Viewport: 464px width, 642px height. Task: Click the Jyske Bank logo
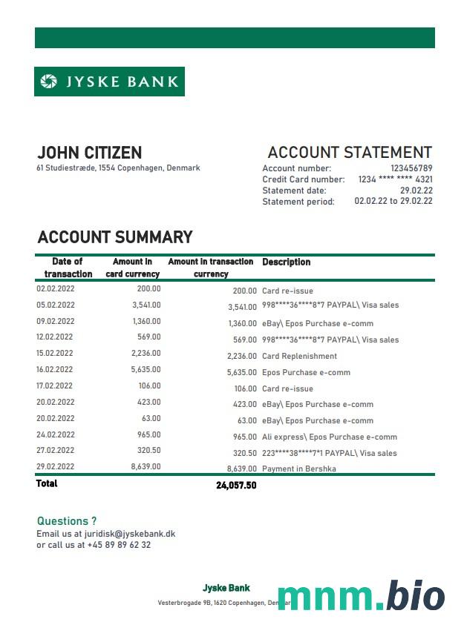tap(109, 82)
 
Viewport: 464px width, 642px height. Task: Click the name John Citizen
tap(89, 153)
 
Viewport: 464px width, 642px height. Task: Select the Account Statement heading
tap(350, 153)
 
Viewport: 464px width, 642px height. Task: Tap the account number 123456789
tap(411, 168)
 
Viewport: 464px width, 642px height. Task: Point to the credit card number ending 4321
tap(395, 179)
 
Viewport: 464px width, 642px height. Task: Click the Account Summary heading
tap(115, 237)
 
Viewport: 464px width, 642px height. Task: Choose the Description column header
tap(286, 262)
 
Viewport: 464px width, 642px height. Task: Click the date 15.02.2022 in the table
tap(56, 354)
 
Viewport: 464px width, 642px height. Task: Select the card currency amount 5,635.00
tap(146, 369)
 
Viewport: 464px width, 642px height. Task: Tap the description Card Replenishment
tap(299, 356)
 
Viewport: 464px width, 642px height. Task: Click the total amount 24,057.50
tap(236, 486)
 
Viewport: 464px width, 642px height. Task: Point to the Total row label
tap(47, 483)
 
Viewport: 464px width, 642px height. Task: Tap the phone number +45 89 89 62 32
tap(119, 545)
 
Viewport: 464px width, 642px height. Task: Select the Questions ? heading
tap(67, 521)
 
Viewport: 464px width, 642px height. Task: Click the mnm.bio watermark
tap(361, 596)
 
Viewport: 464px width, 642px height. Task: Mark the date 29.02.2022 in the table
tap(56, 466)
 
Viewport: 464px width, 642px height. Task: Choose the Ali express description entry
tap(329, 437)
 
